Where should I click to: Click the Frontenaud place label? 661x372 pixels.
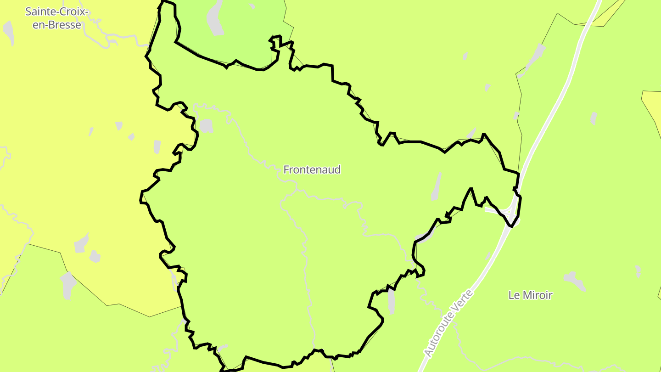(x=312, y=170)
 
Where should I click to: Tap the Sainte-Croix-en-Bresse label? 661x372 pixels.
(x=57, y=18)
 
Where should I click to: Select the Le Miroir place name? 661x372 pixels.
(x=530, y=295)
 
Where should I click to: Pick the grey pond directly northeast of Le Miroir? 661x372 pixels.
(x=575, y=280)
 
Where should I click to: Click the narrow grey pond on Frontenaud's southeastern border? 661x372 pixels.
(x=391, y=300)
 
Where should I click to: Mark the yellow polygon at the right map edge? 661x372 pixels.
(x=652, y=108)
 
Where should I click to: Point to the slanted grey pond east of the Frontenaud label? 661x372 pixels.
(x=436, y=186)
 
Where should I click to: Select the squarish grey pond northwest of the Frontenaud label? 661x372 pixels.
(x=206, y=126)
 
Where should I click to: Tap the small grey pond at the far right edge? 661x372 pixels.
(x=638, y=271)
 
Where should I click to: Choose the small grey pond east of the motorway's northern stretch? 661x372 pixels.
(x=594, y=118)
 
